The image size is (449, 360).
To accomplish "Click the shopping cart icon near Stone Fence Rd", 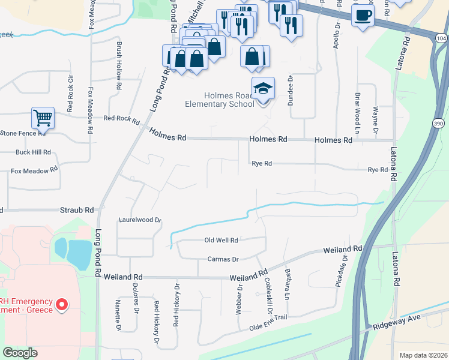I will pyautogui.click(x=43, y=118).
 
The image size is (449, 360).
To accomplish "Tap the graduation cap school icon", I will pyautogui.click(x=263, y=88).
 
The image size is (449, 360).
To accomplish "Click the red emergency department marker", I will pyautogui.click(x=61, y=305).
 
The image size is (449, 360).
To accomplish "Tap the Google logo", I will pyautogui.click(x=20, y=353).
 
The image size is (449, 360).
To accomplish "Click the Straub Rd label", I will pyautogui.click(x=77, y=211).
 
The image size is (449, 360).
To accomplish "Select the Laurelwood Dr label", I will pyautogui.click(x=140, y=220).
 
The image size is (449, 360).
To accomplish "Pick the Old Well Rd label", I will pyautogui.click(x=221, y=240).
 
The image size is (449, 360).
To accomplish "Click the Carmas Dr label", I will pyautogui.click(x=223, y=259).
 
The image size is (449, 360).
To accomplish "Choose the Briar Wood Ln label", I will pyautogui.click(x=357, y=109).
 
